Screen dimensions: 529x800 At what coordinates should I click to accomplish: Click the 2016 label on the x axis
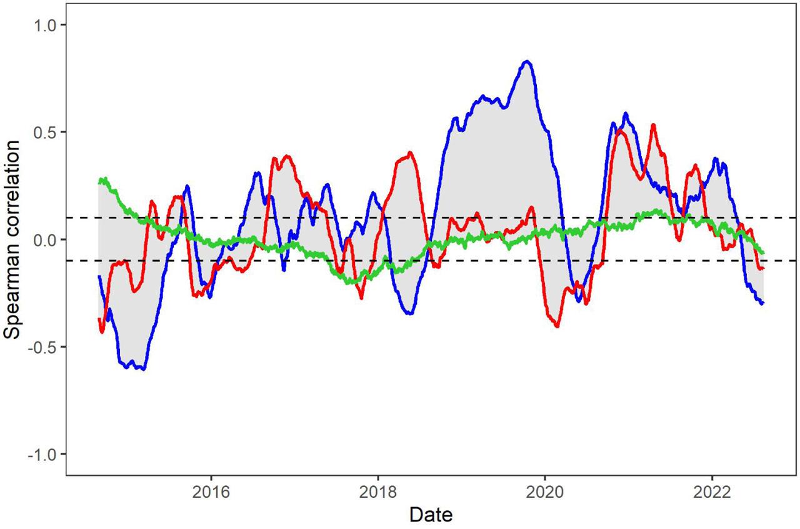coord(211,492)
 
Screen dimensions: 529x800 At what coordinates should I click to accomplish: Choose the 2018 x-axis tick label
coord(377,492)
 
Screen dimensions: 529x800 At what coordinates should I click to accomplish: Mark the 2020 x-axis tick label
coord(545,492)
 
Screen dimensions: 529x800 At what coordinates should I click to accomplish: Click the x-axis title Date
coord(431,515)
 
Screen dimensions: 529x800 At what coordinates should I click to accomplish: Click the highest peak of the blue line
coord(527,61)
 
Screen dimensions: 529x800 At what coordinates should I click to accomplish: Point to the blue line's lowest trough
coord(144,369)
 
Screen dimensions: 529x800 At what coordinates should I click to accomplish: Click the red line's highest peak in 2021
coord(653,125)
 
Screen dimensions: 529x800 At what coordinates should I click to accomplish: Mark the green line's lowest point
coord(351,283)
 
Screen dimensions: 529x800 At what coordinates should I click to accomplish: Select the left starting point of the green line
coord(99,182)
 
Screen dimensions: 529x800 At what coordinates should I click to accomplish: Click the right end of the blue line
coord(763,303)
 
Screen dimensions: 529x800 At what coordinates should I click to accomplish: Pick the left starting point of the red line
coord(99,319)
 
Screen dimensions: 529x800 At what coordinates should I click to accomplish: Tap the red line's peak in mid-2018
coord(410,152)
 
